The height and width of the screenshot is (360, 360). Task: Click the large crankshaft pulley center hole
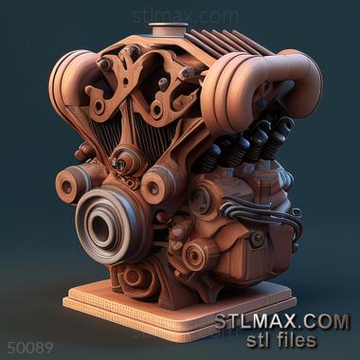click(x=100, y=226)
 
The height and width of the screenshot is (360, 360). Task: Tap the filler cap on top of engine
click(x=168, y=29)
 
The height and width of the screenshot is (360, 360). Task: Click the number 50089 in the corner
click(x=30, y=349)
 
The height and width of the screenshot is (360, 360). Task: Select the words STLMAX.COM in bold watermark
click(x=281, y=322)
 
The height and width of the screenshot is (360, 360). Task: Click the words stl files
click(x=281, y=340)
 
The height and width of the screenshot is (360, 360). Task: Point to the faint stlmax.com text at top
click(x=186, y=16)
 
